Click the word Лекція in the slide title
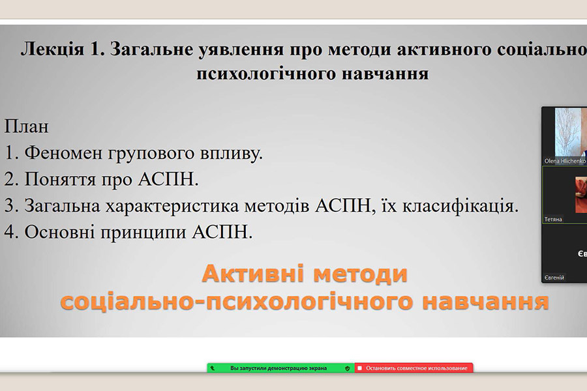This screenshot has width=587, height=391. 52,50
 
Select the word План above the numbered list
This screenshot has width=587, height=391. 26,126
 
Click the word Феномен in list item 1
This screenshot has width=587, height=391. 63,152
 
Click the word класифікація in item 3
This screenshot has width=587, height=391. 460,206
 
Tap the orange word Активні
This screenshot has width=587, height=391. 252,274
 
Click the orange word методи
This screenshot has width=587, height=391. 360,274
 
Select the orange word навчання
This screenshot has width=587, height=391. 485,302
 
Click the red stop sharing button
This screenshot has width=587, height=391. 414,368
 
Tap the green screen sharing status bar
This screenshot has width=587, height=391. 280,368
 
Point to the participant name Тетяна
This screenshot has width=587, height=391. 553,219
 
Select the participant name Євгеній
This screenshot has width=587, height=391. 554,278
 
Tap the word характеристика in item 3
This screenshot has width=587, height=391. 172,206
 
